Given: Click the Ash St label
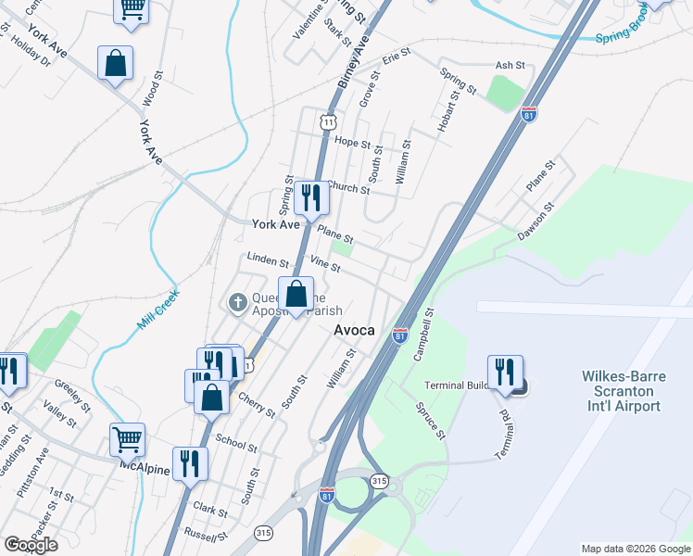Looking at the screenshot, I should [510, 66].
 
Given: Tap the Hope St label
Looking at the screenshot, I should [352, 144].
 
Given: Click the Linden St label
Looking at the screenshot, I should [268, 262].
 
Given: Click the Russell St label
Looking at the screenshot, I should [206, 536].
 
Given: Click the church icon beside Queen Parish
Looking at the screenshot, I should [236, 302].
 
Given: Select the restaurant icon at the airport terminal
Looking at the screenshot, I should [505, 373].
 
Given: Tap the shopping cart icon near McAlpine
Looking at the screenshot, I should [127, 438].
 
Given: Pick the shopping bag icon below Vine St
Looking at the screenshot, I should [296, 295].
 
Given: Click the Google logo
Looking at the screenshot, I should [31, 545].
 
